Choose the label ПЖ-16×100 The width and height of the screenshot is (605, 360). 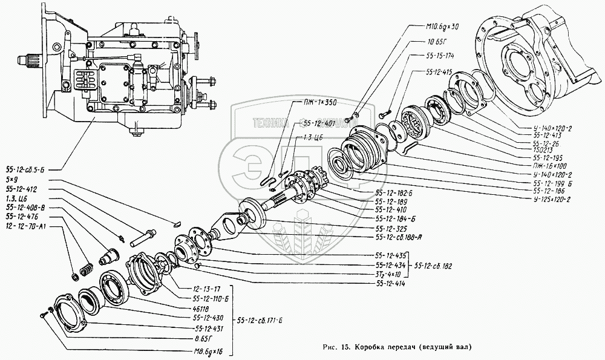(549, 165)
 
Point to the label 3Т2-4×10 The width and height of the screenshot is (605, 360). (390, 273)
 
